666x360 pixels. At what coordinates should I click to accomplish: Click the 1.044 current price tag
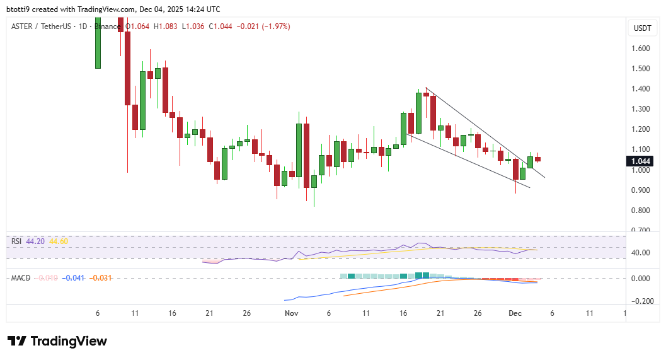(641, 161)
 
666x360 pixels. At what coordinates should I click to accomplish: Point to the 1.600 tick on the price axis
(641, 49)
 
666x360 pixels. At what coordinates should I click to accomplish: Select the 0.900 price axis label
(641, 190)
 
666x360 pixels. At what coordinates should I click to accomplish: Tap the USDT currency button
(642, 28)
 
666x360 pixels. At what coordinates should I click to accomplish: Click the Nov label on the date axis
(291, 313)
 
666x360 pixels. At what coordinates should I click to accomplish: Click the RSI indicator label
(16, 241)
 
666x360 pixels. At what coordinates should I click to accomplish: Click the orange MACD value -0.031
(101, 277)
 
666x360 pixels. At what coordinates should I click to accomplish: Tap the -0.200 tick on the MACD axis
(641, 301)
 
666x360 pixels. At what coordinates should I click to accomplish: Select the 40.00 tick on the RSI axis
(641, 253)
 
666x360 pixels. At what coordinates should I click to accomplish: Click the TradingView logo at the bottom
(57, 341)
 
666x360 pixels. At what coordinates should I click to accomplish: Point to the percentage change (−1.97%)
(273, 26)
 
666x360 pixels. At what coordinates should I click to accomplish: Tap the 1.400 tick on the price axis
(641, 89)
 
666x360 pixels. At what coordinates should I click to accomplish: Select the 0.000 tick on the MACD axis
(641, 279)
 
